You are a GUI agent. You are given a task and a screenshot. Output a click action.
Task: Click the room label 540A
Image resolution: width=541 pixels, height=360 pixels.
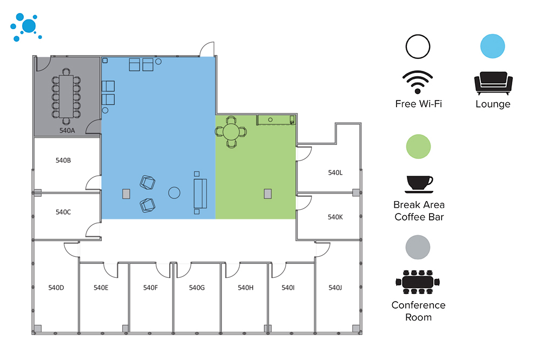67,131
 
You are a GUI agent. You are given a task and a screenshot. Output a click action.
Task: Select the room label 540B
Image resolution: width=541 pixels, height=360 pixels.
63,161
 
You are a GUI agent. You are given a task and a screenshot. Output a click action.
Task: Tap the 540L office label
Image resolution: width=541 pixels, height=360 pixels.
335,173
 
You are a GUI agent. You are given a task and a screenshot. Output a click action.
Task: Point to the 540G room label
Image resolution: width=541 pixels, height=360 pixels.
197,288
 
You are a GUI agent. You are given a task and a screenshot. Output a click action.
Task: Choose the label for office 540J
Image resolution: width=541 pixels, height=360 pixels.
335,288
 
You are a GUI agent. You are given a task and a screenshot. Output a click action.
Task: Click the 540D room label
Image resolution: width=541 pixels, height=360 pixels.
56,288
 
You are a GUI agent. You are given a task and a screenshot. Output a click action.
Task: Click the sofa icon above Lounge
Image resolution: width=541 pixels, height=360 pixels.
493,83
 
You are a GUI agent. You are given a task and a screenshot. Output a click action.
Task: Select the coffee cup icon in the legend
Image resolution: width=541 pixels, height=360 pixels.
419,184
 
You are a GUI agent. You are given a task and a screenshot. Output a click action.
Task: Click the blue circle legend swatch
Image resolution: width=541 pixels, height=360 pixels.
493,46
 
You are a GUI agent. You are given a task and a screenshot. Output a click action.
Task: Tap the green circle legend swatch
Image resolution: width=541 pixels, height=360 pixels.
419,147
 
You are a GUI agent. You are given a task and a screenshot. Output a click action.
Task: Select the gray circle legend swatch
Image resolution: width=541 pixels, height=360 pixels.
419,247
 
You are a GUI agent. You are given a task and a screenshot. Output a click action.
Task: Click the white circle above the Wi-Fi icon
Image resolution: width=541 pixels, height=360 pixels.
418,46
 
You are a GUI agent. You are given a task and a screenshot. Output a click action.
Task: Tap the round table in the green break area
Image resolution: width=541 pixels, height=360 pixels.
231,131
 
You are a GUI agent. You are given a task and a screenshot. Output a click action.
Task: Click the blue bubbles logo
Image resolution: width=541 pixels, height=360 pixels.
25,27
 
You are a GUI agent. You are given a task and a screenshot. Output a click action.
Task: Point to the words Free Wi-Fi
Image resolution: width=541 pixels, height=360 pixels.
418,104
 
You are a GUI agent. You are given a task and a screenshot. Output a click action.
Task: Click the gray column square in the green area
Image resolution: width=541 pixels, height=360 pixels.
267,194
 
